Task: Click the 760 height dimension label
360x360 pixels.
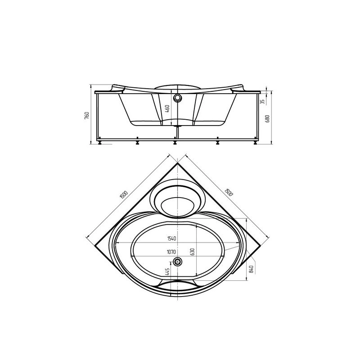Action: point(87,115)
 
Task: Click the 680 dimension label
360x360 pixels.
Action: point(267,118)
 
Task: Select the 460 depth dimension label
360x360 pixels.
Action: point(167,108)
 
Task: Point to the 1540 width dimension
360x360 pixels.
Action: point(171,238)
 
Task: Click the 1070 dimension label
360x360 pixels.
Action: point(171,252)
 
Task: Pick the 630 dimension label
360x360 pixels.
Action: point(193,252)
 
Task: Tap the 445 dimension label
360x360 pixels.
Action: point(167,272)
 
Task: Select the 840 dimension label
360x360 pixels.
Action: point(252,269)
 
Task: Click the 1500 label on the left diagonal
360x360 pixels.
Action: point(123,194)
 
